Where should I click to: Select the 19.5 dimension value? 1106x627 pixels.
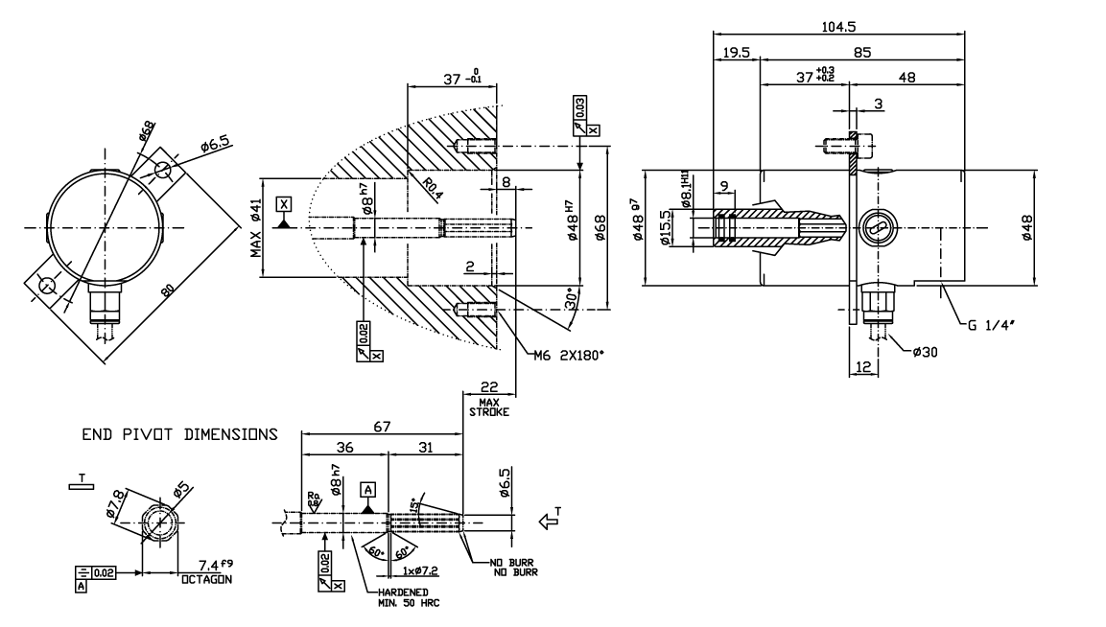click(737, 55)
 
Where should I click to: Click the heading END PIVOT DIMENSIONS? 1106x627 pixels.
click(179, 434)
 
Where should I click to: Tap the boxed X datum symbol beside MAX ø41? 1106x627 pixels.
click(282, 203)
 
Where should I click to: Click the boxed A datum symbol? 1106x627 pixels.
click(367, 489)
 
